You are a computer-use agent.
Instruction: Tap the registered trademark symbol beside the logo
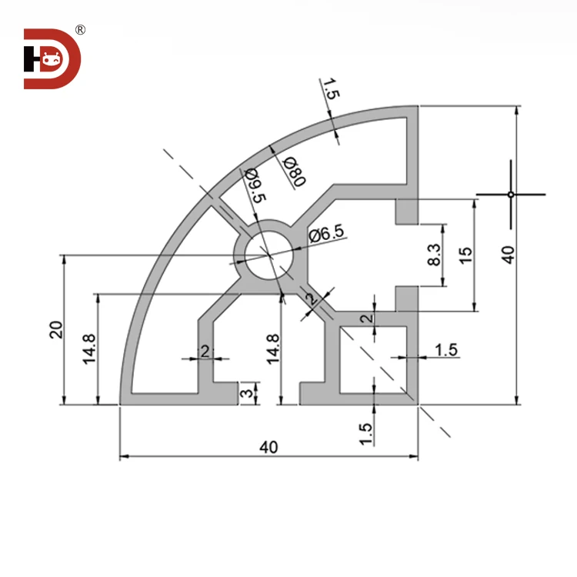coord(80,30)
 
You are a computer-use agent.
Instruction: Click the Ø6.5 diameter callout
coord(328,235)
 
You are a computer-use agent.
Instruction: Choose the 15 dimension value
coord(464,255)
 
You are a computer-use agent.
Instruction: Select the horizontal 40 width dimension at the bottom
coord(268,446)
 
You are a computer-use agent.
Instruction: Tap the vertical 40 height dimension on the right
coord(506,255)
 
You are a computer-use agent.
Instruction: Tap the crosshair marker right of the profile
coord(510,194)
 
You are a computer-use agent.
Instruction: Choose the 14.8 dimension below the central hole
coord(273,349)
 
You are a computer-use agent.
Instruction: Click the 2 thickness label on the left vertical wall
coord(205,351)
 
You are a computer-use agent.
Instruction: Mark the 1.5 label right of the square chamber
coord(446,350)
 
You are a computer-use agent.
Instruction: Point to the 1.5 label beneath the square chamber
coord(366,433)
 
